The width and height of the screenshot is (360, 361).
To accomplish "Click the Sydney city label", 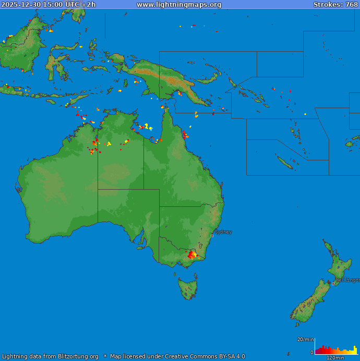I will tap(223, 231).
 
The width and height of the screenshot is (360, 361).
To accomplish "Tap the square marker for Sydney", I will tap(212, 236).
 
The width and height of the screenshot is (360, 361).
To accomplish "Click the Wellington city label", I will tap(347, 280).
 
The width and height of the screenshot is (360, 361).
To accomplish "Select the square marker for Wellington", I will tap(333, 284).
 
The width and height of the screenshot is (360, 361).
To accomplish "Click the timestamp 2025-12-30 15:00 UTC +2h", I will tap(49, 4).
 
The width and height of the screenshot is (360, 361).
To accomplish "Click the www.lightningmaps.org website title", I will tap(179, 4).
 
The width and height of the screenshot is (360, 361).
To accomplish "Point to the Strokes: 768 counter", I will tap(335, 4).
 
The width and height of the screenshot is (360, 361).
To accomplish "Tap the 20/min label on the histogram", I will tap(305, 340).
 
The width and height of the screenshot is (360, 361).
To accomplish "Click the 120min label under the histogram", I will tap(335, 358).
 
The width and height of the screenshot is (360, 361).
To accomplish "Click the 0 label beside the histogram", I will tap(312, 353).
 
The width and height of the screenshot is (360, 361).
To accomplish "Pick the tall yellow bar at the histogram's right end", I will tap(355, 350).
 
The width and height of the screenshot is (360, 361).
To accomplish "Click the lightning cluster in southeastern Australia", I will tap(193, 254).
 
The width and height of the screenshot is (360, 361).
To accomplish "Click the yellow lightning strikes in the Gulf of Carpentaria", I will tap(149, 126).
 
